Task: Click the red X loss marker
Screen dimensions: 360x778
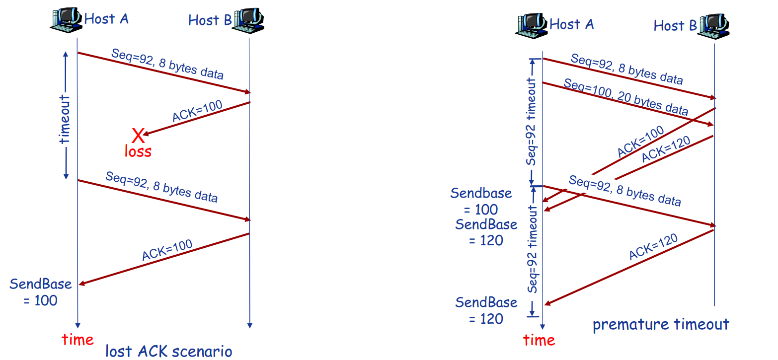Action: click(x=138, y=135)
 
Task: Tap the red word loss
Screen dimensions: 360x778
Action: click(x=138, y=151)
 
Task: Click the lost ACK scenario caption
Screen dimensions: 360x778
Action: click(x=168, y=351)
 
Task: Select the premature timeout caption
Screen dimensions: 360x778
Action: click(x=661, y=324)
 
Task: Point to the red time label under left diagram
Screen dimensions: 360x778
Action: click(x=78, y=340)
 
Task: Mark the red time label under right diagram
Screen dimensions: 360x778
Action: click(x=539, y=340)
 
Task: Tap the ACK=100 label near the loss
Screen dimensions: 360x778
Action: click(x=197, y=111)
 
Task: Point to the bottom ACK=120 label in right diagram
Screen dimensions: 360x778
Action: click(x=653, y=247)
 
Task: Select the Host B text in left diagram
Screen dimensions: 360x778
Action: click(x=210, y=20)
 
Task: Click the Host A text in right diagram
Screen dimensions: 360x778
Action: click(x=571, y=24)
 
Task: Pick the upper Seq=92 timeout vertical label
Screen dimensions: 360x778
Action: click(x=532, y=120)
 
